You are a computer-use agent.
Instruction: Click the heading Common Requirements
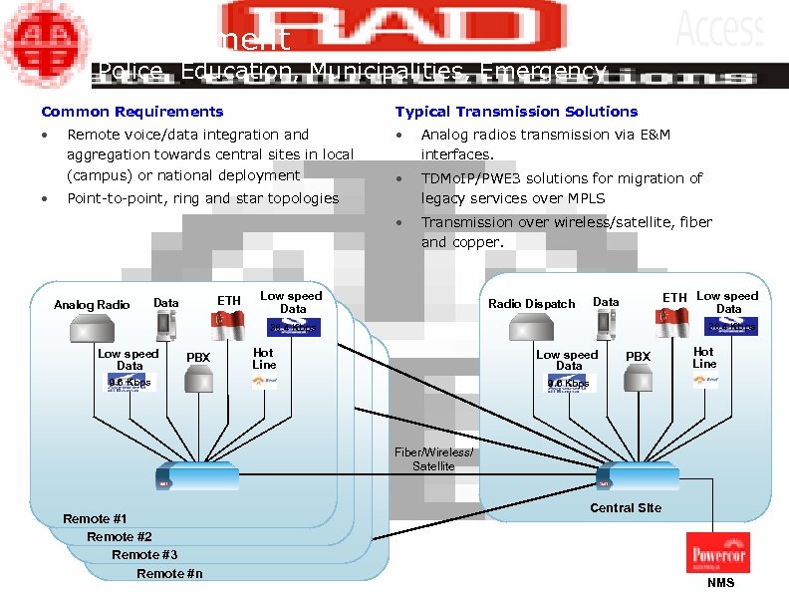132,112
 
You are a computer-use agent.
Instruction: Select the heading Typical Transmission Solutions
516,112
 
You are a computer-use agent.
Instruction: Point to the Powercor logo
718,552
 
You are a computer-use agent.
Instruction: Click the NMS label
720,583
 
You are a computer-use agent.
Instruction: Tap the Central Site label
626,507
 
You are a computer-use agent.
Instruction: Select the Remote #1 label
95,519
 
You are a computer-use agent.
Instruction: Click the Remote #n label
169,573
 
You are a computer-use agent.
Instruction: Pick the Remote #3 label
144,555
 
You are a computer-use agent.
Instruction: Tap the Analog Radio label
92,305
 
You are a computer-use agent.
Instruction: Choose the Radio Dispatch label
532,304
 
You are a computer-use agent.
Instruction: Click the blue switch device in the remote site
198,477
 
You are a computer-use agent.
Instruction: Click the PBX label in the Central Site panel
638,357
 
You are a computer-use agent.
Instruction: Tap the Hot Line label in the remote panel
264,359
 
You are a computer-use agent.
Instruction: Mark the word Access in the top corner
719,27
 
